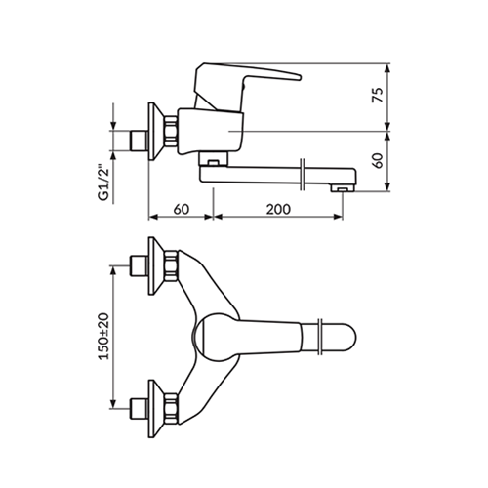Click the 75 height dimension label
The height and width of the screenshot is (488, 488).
pos(378,95)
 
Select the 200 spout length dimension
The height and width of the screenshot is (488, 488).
pos(278,209)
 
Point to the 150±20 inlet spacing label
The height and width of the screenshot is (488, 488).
pos(104,336)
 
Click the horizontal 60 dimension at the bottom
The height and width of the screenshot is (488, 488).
pos(182,209)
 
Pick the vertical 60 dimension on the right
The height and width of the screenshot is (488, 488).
pos(378,160)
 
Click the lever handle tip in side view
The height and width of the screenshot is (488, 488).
pos(299,77)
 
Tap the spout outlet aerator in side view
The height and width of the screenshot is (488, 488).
pos(342,188)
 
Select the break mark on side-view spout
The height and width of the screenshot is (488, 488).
pos(303,175)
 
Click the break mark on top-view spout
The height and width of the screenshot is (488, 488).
pos(320,337)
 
